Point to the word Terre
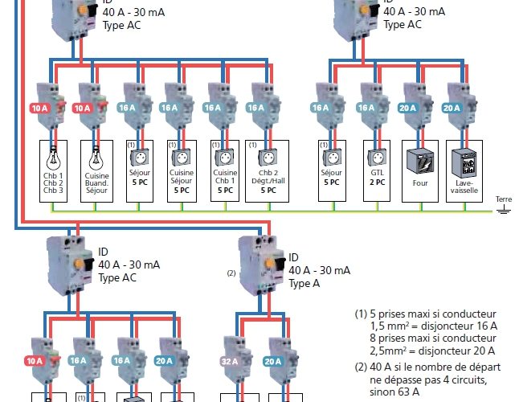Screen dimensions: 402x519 (x=503, y=199)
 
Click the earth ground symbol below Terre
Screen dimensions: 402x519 (x=503, y=210)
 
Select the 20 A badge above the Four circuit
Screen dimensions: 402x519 (x=407, y=107)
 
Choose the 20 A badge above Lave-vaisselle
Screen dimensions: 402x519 (x=451, y=107)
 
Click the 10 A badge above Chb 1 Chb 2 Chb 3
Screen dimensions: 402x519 (x=39, y=107)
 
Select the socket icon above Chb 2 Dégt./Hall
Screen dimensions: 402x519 (x=268, y=155)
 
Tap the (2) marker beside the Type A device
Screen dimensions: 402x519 (x=231, y=273)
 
